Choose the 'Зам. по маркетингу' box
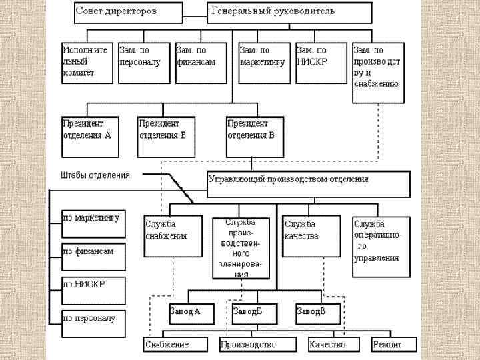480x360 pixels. [x=264, y=63]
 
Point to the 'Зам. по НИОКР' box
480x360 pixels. [x=321, y=63]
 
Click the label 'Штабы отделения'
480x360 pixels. [x=96, y=175]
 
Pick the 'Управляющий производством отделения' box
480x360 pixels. [x=307, y=184]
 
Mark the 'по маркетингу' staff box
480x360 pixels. [x=91, y=223]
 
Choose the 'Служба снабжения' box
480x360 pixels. [x=172, y=236]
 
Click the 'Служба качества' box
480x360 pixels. [x=310, y=236]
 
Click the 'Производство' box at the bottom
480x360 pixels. [x=257, y=344]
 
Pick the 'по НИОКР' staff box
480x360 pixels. [x=91, y=287]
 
